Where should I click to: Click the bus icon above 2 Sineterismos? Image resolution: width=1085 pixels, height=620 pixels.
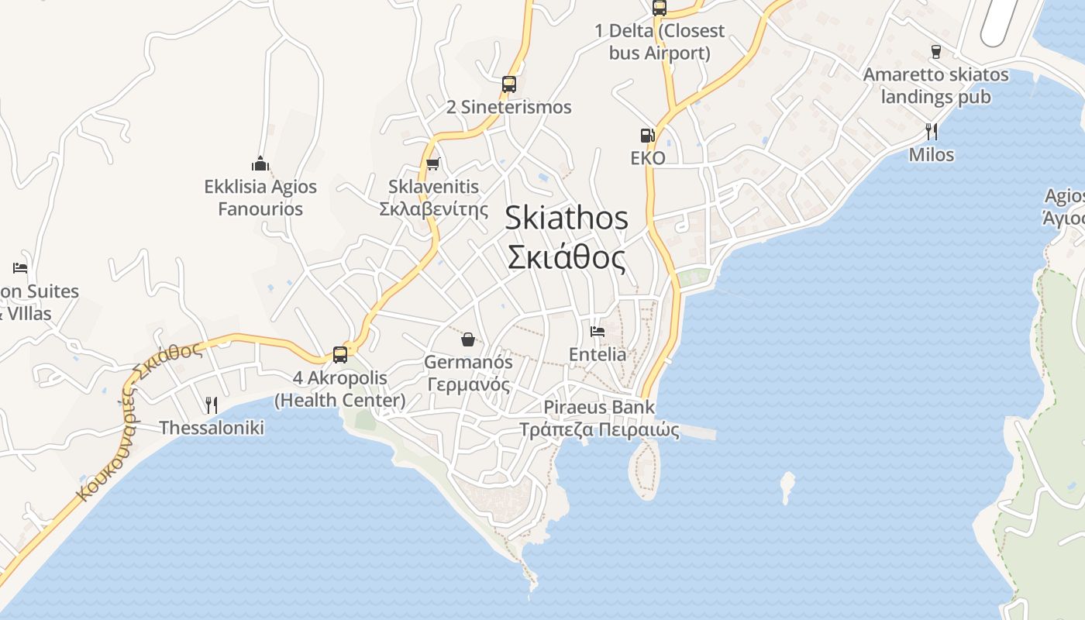508,84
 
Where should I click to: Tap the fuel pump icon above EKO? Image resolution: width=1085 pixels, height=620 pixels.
647,136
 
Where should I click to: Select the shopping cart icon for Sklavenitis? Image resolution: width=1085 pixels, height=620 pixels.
432,164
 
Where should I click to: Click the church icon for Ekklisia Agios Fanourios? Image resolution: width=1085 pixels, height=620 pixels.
260,164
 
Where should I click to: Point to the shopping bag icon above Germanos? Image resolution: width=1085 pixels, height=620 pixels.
468,339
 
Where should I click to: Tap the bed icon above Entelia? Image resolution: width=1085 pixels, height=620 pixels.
597,331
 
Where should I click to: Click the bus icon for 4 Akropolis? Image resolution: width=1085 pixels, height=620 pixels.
339,354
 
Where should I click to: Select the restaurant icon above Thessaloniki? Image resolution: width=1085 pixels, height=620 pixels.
211,405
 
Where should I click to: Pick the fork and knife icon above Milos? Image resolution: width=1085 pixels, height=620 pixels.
932,131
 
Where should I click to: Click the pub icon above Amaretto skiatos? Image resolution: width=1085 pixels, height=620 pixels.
935,52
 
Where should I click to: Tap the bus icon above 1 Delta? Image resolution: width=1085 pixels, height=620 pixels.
659,8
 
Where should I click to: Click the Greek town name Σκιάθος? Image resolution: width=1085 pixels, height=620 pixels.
567,257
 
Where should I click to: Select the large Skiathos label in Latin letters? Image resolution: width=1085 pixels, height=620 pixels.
567,218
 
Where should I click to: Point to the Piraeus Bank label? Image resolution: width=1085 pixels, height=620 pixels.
598,407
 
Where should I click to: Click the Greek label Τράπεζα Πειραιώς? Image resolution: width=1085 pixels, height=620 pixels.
599,429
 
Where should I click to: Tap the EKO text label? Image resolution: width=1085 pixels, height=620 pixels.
648,158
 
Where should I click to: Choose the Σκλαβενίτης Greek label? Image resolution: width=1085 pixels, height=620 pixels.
433,209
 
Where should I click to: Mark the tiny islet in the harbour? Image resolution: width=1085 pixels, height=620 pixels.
787,484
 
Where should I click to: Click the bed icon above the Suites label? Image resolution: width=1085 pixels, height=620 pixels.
20,268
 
